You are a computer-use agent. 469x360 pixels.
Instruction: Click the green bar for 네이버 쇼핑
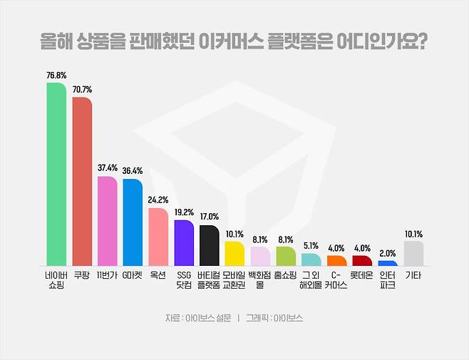point(56,174)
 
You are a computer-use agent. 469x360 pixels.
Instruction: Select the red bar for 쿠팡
point(82,182)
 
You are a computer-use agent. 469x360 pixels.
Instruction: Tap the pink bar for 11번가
point(108,221)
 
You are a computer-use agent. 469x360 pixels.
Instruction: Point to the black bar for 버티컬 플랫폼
point(209,245)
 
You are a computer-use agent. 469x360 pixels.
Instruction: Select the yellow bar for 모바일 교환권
point(234,253)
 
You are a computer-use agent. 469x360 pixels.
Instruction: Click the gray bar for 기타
point(413,253)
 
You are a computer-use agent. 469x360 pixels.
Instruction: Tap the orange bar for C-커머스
point(337,260)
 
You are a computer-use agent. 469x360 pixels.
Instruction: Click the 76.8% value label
point(56,75)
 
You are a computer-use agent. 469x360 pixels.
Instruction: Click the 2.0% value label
point(388,253)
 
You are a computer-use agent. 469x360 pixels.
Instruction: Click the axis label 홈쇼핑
point(285,274)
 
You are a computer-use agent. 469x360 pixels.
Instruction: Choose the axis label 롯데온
point(362,274)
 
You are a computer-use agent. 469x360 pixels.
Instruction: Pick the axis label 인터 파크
point(388,279)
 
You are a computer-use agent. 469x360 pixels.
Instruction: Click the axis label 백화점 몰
point(260,279)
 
